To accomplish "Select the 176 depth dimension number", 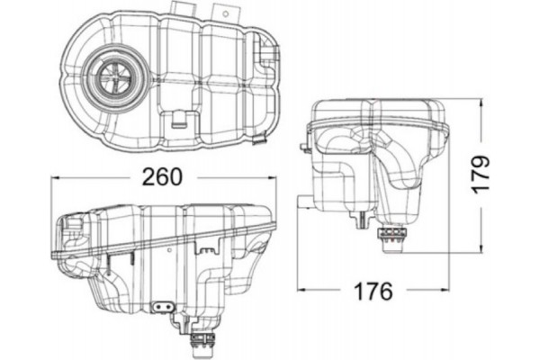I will [373, 292].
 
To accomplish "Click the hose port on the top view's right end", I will [267, 56].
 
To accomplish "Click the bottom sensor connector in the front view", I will [202, 342].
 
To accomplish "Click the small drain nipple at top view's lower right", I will [260, 140].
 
